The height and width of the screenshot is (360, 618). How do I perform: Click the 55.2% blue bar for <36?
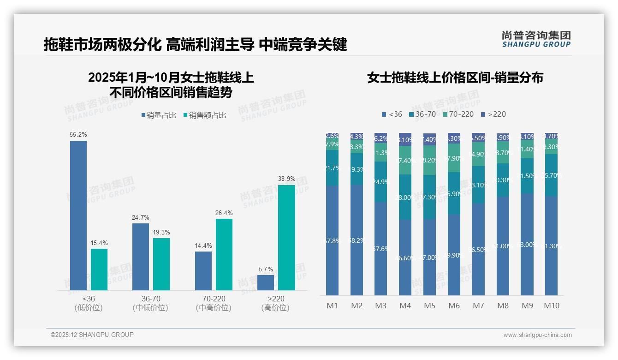[x=78, y=215]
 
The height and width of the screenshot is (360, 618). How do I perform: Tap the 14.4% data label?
[x=203, y=246]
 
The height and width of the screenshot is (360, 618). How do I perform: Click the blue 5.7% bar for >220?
[x=266, y=282]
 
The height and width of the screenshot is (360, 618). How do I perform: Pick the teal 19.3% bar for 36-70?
[x=161, y=264]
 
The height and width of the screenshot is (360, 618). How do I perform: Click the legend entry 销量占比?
[x=158, y=115]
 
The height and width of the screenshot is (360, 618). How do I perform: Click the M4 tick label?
[x=405, y=306]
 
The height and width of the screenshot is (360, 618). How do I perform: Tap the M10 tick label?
[x=551, y=306]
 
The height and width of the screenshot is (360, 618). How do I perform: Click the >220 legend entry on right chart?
[x=493, y=114]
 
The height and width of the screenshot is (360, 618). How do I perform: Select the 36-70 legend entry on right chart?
[x=422, y=114]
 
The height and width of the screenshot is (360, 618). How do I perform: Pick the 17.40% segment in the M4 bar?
[x=405, y=160]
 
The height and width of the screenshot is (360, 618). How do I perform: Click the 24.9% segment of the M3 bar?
[x=380, y=181]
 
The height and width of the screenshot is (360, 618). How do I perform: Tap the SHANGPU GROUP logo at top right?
[x=536, y=39]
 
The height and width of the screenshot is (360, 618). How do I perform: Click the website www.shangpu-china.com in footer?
[x=537, y=335]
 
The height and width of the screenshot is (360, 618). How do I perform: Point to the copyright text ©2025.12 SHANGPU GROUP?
[x=92, y=335]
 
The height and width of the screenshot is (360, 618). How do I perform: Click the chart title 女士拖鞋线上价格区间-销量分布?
[x=455, y=78]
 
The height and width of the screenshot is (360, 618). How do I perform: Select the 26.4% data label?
[x=224, y=213]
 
